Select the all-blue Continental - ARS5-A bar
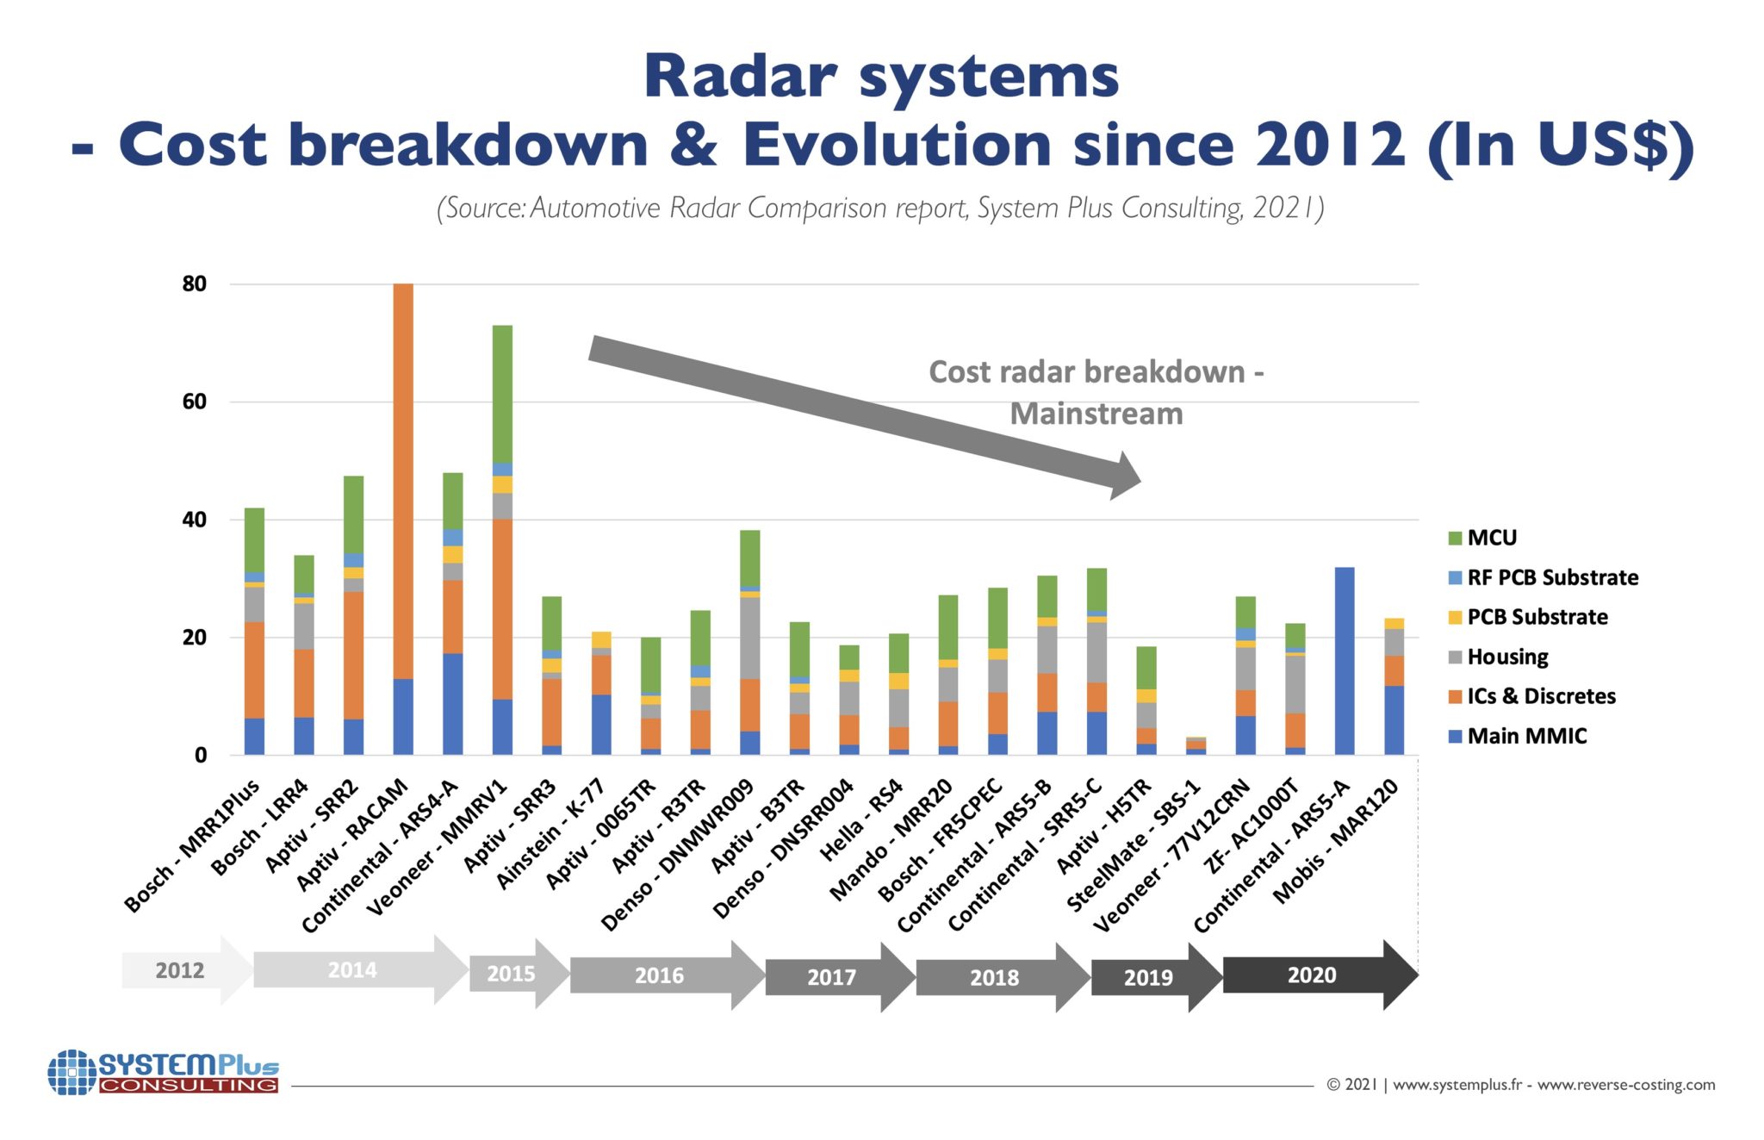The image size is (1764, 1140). (x=1344, y=661)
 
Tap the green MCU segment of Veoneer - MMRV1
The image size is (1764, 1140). (x=502, y=394)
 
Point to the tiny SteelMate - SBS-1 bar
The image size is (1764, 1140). (x=1196, y=746)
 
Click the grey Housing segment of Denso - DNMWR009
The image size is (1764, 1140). (x=749, y=638)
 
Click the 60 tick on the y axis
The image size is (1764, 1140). (x=195, y=402)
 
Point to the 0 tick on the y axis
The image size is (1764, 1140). (x=201, y=755)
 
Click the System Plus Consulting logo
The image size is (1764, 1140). (x=164, y=1072)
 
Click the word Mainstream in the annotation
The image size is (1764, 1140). (x=1096, y=414)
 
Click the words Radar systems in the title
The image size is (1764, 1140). (x=880, y=76)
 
